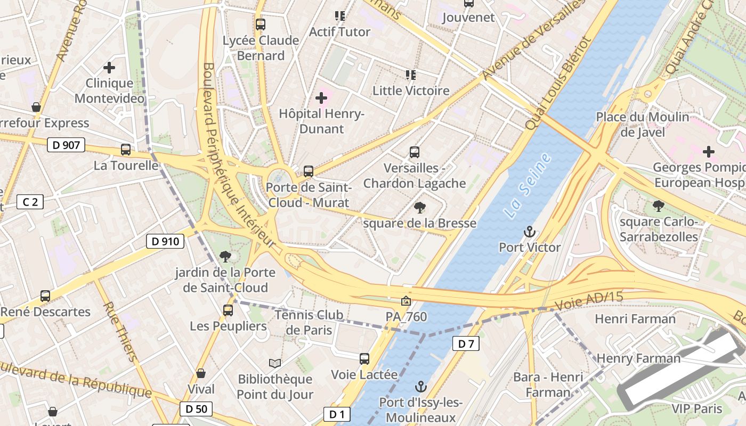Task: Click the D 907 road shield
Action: (x=66, y=145)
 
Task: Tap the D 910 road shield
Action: (x=165, y=241)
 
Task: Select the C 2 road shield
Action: (x=30, y=202)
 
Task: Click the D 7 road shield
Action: (x=466, y=343)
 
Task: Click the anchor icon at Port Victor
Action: (x=530, y=232)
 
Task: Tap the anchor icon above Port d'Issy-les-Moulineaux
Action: (x=421, y=387)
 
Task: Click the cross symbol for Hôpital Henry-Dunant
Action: (x=321, y=98)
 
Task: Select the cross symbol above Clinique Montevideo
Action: (x=109, y=68)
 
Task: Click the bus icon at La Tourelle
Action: (x=126, y=150)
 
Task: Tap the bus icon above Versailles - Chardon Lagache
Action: (x=415, y=152)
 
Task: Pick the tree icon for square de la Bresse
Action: (x=420, y=208)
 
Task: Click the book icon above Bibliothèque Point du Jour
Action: (x=275, y=363)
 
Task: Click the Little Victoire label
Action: (x=411, y=91)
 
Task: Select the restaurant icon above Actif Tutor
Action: (x=339, y=16)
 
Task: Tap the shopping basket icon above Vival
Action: (x=201, y=374)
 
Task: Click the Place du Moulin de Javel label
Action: (x=642, y=124)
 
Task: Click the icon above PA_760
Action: (x=406, y=301)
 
